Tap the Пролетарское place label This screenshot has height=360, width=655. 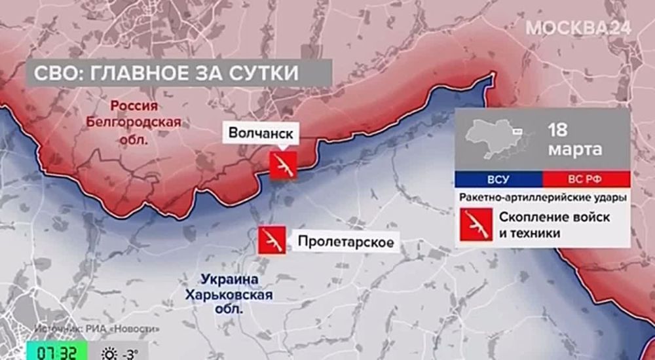(x=346, y=242)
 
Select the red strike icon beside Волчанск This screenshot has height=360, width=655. (x=283, y=165)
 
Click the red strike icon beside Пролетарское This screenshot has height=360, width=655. (x=271, y=240)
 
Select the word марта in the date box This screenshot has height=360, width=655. (x=576, y=150)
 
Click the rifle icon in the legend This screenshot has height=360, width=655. (x=476, y=225)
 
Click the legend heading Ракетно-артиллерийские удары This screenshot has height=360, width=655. (x=541, y=196)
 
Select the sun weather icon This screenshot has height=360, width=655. (x=109, y=352)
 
